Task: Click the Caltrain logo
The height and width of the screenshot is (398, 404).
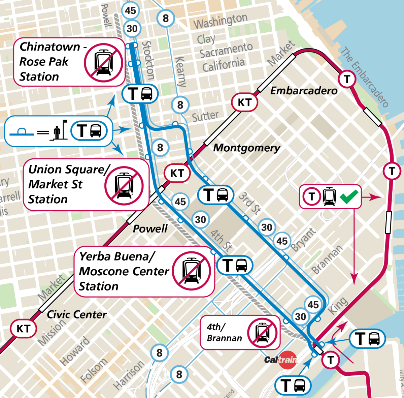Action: (280, 360)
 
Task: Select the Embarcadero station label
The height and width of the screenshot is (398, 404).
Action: (304, 91)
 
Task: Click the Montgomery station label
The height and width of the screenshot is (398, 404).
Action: (246, 148)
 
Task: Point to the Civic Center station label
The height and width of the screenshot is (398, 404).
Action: (76, 314)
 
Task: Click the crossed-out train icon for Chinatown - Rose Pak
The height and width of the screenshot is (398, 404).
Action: (103, 63)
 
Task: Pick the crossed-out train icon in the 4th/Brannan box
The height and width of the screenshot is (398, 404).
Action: (262, 333)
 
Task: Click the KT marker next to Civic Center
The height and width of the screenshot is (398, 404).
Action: (23, 329)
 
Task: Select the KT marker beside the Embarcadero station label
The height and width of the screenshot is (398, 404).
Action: (244, 102)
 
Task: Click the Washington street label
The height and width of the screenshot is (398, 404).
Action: (221, 21)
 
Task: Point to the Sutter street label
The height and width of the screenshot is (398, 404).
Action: (205, 117)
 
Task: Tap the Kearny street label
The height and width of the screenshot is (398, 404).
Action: (180, 71)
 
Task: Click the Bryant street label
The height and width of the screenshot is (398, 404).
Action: (303, 240)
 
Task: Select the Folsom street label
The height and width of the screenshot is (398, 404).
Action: (93, 371)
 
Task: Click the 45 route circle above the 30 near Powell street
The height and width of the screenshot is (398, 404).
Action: (130, 10)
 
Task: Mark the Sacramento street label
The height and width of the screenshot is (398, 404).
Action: (226, 51)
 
